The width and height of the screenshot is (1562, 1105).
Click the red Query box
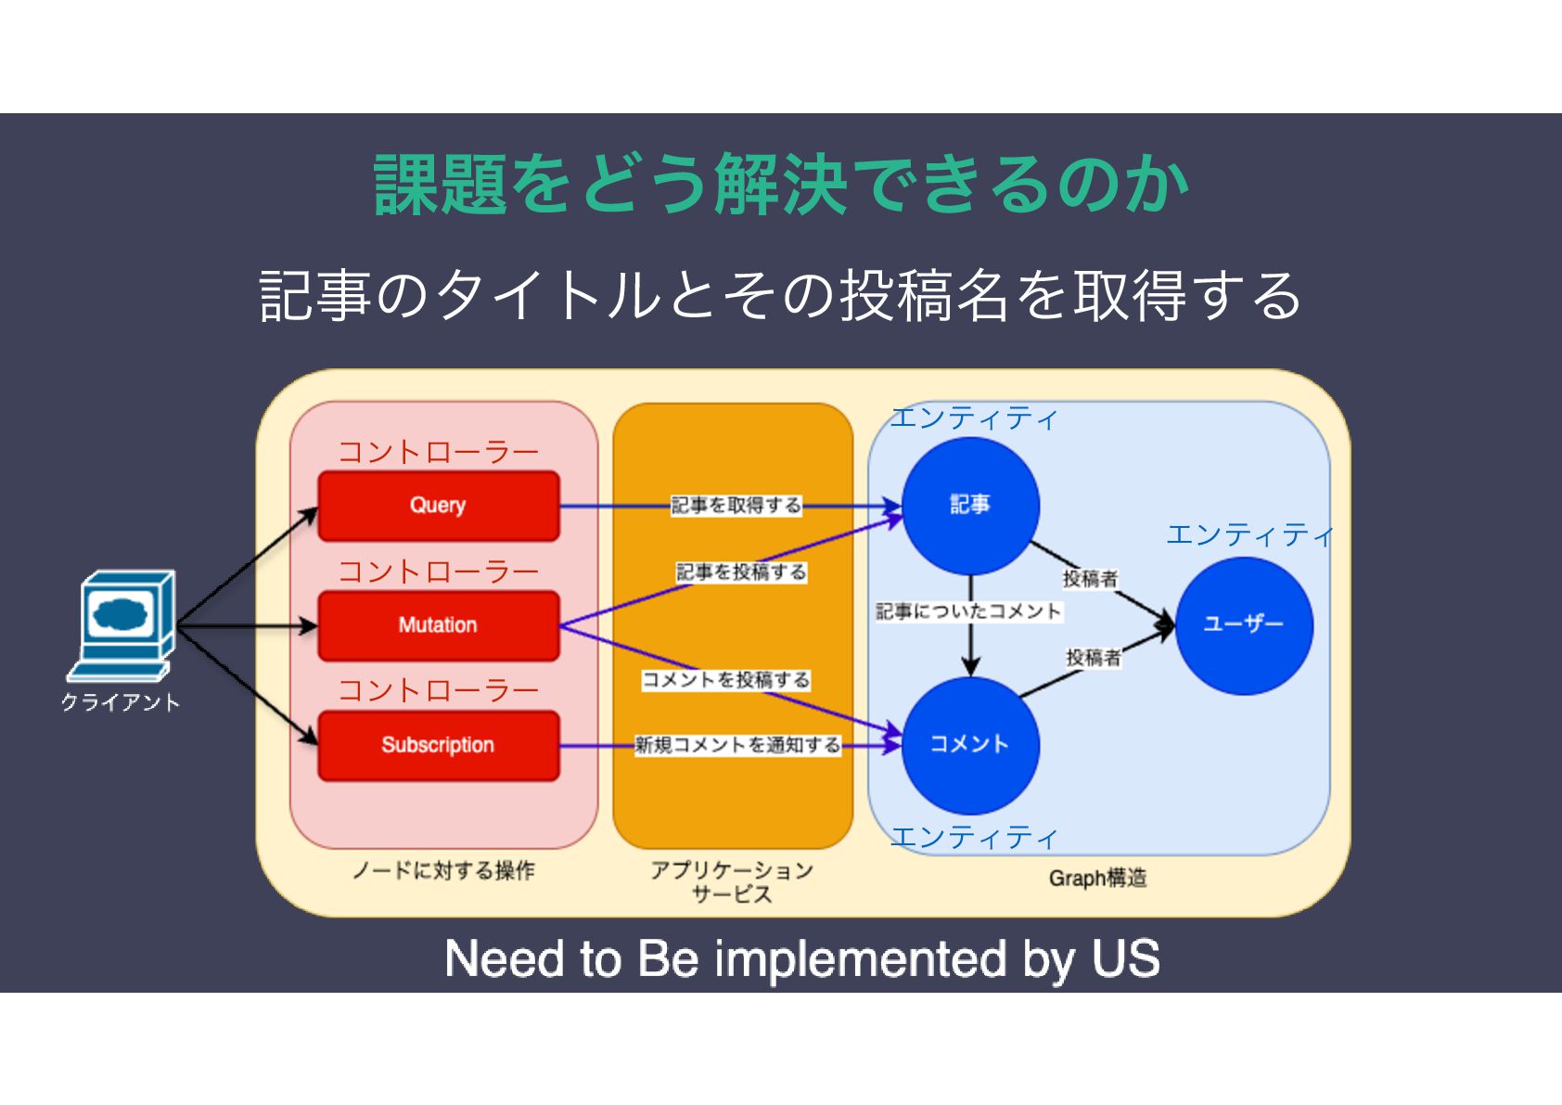pos(438,506)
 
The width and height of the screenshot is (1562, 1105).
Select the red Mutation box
pos(438,625)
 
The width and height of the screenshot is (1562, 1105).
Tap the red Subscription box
pos(438,745)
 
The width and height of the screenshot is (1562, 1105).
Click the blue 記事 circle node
pos(970,506)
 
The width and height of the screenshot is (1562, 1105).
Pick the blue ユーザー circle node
pos(1244,624)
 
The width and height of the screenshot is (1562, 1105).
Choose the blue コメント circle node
pos(970,745)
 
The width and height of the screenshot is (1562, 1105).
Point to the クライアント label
pos(121,702)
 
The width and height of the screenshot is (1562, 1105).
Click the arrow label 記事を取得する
pos(736,506)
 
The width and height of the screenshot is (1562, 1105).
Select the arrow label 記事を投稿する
pos(741,572)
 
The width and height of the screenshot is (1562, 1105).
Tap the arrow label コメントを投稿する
pos(726,680)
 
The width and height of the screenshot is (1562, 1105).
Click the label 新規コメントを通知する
pos(737,745)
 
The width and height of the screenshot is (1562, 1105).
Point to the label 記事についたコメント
pos(968,611)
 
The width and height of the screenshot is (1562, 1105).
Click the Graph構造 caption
pos(1097,878)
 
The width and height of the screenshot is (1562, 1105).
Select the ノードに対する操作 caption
pos(443,870)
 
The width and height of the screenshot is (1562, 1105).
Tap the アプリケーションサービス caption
pos(732,881)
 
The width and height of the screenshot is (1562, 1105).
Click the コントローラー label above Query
pos(438,453)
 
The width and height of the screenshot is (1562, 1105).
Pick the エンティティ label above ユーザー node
pos(1249,535)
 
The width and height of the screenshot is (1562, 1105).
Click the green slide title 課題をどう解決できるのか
pos(781,185)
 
